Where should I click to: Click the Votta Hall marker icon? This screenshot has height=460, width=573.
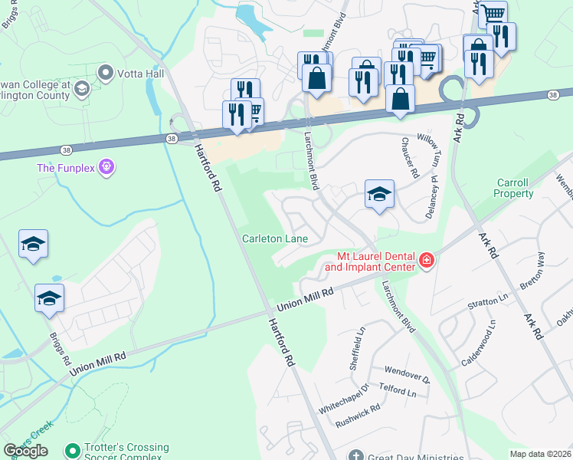coord(105,74)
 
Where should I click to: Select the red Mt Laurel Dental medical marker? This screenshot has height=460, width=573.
coord(426,262)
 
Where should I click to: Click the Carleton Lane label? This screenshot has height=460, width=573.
coord(275,239)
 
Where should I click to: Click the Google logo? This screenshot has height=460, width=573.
coord(25,451)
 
